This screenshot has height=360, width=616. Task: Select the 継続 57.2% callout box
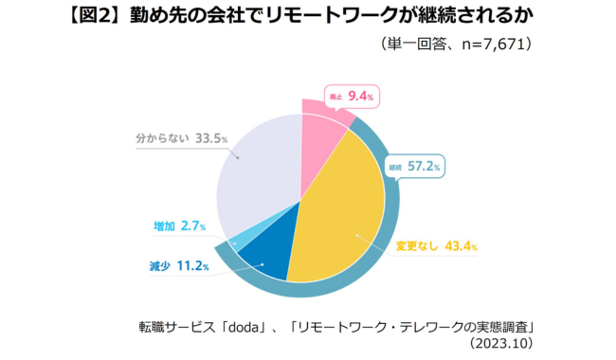(414, 167)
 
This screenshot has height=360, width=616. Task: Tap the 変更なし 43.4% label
(436, 246)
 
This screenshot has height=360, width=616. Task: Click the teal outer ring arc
(379, 265)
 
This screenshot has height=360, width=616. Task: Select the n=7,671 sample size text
(492, 44)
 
